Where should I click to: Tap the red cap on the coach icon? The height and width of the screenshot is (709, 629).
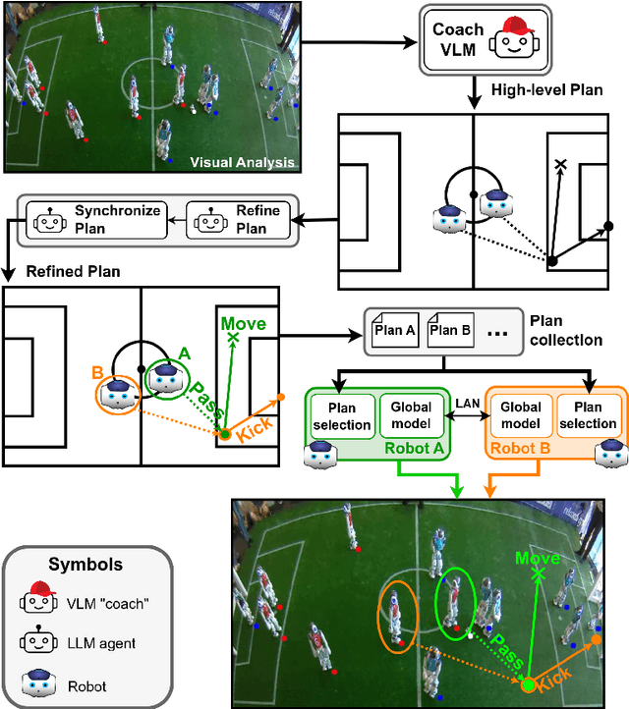point(515,26)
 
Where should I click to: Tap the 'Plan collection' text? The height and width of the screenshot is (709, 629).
point(565,330)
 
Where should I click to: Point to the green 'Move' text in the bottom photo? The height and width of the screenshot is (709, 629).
point(537,558)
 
